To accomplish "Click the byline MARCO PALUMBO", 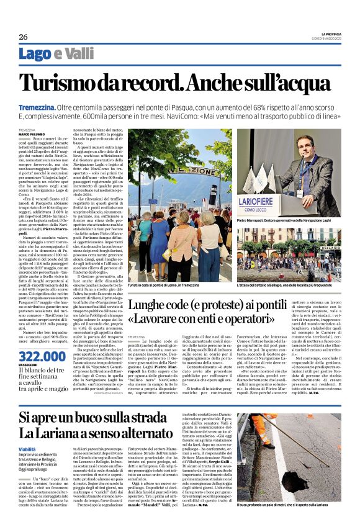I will [x=30, y=133].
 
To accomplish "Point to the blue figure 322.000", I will [x=42, y=356].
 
